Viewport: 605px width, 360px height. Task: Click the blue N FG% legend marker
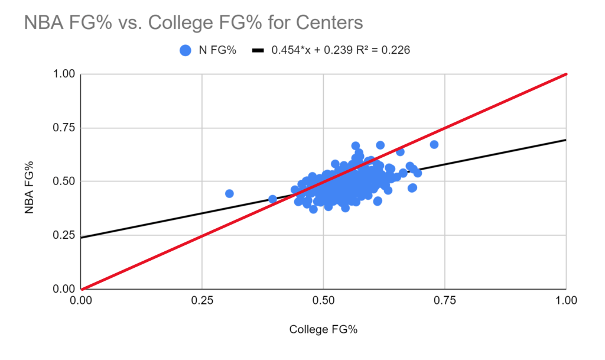pos(186,51)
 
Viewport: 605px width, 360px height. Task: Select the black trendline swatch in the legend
pos(258,51)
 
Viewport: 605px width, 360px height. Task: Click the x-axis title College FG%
pos(323,329)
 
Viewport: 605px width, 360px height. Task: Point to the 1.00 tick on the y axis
pos(65,74)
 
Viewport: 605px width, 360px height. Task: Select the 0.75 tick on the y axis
pos(65,128)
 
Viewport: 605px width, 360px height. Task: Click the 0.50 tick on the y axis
pos(65,181)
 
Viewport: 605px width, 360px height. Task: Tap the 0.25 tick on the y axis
pos(65,235)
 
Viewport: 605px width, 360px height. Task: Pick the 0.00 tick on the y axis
pos(65,289)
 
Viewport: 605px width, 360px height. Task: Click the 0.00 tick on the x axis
pos(82,300)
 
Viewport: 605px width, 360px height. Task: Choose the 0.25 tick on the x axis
pos(202,300)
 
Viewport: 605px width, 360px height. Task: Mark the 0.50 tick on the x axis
pos(323,300)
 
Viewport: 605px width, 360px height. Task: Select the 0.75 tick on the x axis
pos(444,300)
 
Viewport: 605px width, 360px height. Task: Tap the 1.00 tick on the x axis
pos(565,300)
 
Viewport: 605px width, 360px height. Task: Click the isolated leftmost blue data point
pos(229,193)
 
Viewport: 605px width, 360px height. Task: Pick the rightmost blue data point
pos(434,144)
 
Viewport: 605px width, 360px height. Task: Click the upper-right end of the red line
pos(565,74)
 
